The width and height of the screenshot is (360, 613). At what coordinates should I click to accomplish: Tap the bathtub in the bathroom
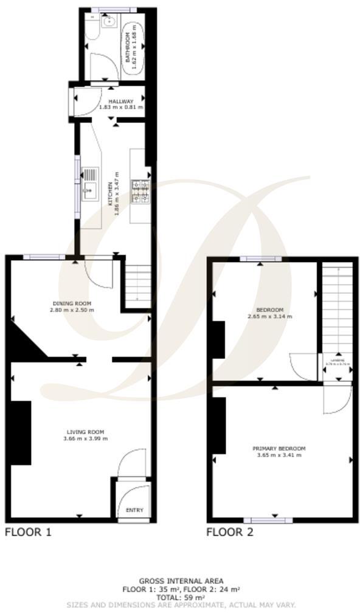(x=133, y=49)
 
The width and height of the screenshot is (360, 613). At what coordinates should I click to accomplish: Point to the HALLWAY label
(x=121, y=102)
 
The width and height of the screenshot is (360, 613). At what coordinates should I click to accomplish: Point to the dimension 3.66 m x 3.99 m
(x=85, y=438)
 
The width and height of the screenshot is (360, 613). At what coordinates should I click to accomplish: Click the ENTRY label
(x=134, y=510)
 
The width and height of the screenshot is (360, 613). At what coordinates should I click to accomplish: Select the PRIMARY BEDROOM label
(x=279, y=448)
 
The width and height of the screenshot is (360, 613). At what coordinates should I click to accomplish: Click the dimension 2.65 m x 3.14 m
(x=270, y=317)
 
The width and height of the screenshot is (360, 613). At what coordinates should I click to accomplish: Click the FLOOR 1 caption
(x=28, y=533)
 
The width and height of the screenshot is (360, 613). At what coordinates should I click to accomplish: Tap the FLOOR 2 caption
(x=230, y=533)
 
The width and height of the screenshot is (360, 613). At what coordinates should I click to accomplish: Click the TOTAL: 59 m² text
(x=181, y=597)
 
